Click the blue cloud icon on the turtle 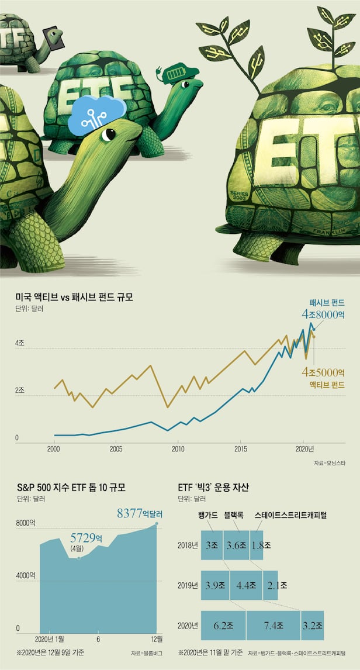click(x=97, y=115)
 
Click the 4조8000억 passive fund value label click(x=323, y=314)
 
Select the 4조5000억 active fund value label click(x=323, y=372)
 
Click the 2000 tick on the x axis click(x=53, y=449)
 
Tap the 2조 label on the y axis click(x=20, y=390)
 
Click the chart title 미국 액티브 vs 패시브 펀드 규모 click(x=74, y=296)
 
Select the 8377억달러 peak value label click(x=140, y=514)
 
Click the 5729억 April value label click(x=86, y=537)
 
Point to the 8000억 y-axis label click(x=26, y=525)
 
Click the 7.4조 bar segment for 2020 click(x=273, y=626)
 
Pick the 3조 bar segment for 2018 click(x=212, y=545)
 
